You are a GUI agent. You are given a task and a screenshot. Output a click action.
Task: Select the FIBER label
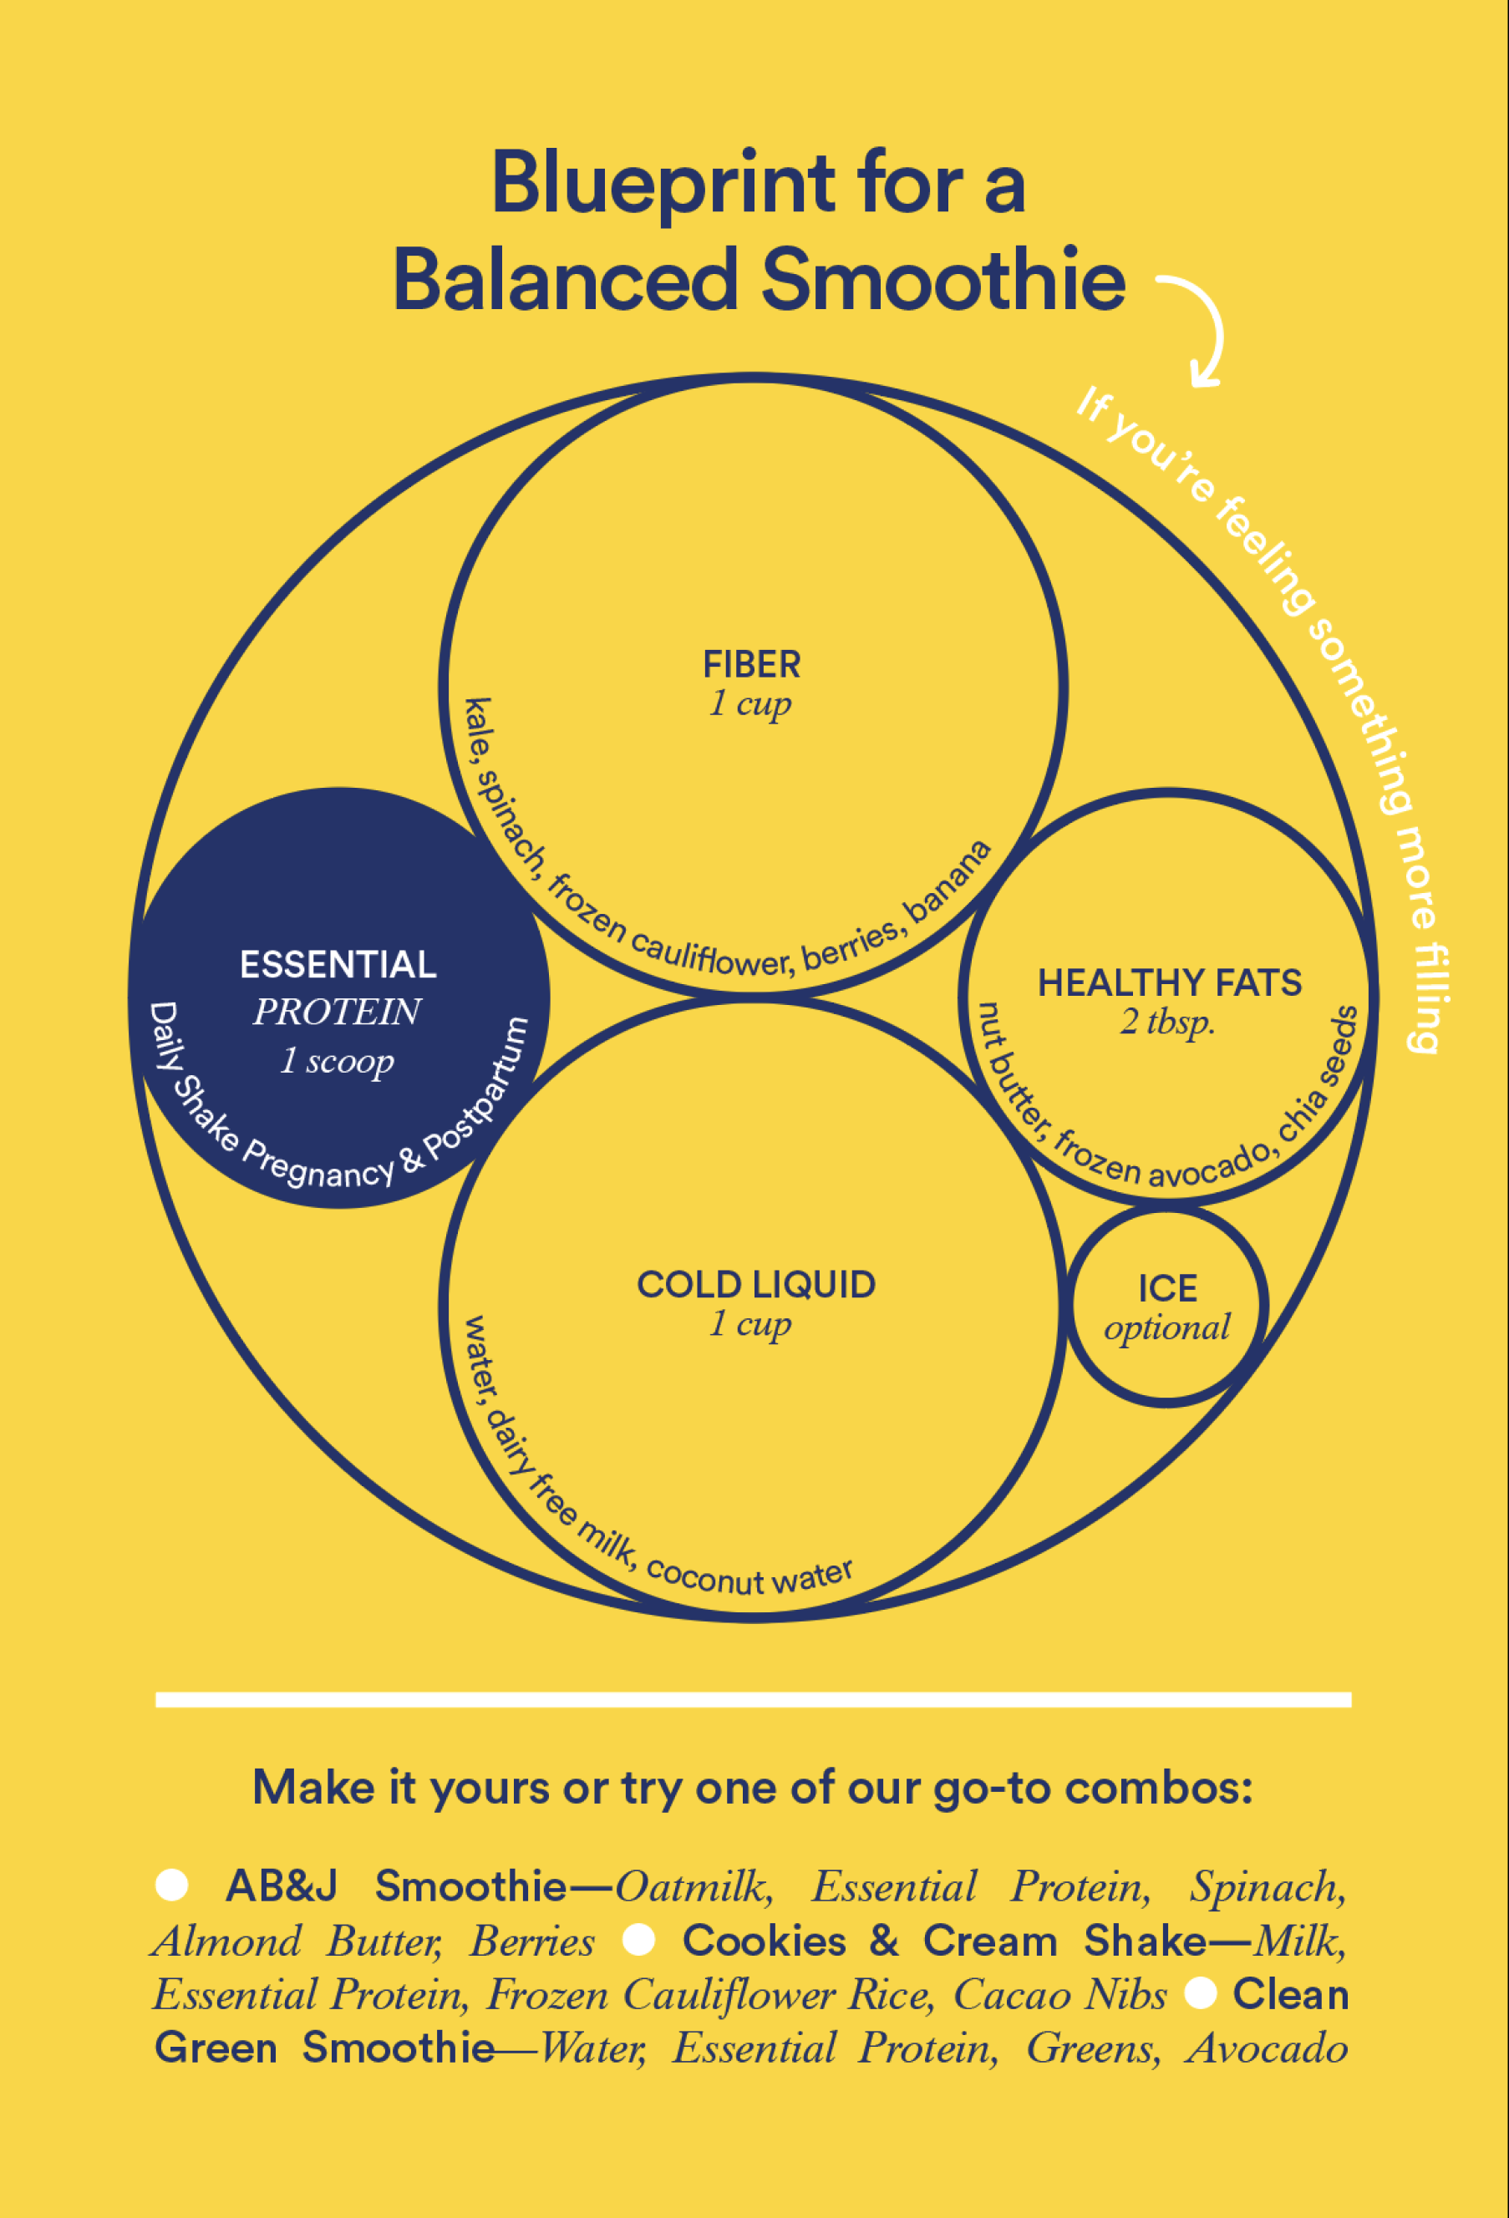(752, 664)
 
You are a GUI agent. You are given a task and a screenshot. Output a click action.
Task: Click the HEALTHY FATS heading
(1169, 983)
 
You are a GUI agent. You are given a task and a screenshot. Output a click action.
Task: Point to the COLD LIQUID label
(756, 1285)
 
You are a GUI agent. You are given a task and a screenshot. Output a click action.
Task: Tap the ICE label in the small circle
(1167, 1288)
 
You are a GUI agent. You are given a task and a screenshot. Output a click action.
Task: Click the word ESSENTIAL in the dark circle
(338, 965)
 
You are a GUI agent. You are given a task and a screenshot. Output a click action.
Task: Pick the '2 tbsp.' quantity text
(1168, 1023)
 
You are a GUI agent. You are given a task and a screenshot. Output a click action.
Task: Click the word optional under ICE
(1167, 1327)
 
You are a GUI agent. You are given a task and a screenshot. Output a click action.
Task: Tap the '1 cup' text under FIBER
(750, 703)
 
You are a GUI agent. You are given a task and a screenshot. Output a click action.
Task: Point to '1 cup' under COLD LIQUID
(750, 1324)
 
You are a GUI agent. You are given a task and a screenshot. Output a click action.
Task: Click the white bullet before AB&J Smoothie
(172, 1885)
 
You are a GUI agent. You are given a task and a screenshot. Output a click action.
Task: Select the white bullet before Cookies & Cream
(638, 1939)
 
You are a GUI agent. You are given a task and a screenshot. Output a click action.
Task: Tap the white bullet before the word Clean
(1201, 1992)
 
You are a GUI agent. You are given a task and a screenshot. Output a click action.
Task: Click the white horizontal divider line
(753, 1700)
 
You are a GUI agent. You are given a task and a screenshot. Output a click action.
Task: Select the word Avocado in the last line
(1267, 2048)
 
